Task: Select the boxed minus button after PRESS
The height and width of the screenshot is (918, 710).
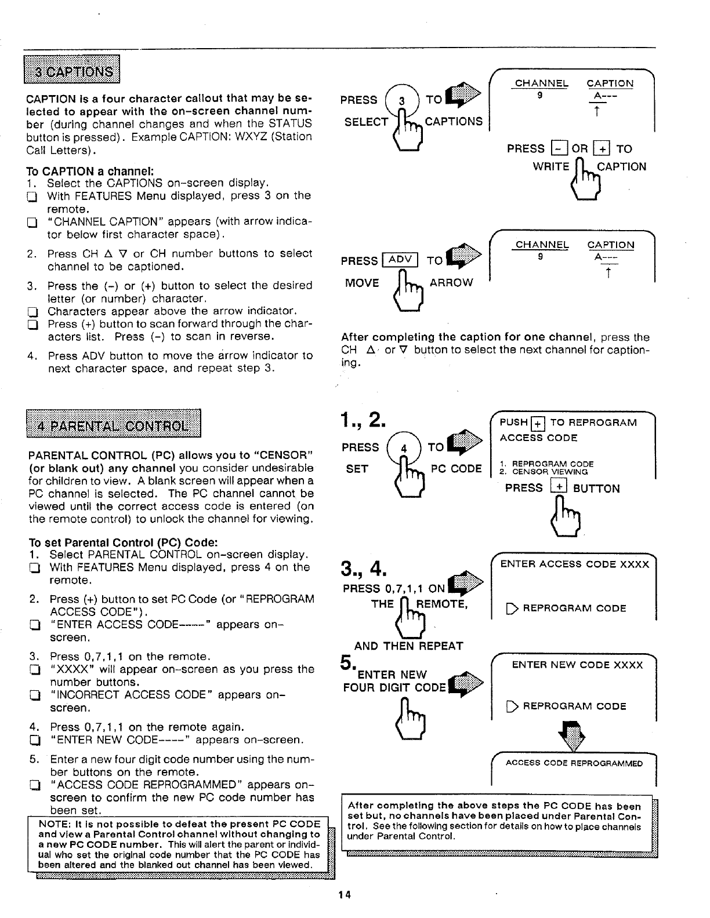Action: (x=557, y=148)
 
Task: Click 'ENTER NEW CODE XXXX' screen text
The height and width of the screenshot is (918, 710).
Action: (x=577, y=665)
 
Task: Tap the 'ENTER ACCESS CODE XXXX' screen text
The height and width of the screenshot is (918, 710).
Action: (x=574, y=564)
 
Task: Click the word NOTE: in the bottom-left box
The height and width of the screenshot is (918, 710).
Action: (x=51, y=824)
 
